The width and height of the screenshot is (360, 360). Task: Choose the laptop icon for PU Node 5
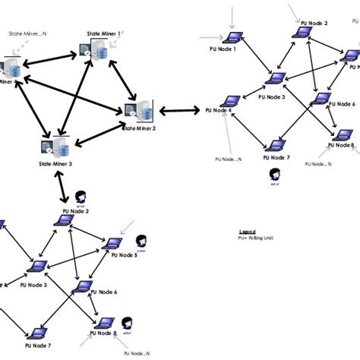pos(115,243)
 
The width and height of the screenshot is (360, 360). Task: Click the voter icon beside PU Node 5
pos(141,242)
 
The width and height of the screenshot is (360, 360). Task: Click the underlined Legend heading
pos(248,231)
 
